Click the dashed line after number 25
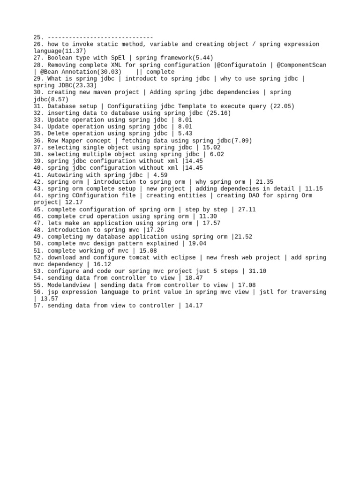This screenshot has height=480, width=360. pyautogui.click(x=100, y=37)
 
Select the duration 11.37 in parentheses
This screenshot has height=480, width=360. pyautogui.click(x=74, y=51)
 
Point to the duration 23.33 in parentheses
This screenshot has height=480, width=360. pyautogui.click(x=84, y=86)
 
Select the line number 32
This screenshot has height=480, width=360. pyautogui.click(x=38, y=113)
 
